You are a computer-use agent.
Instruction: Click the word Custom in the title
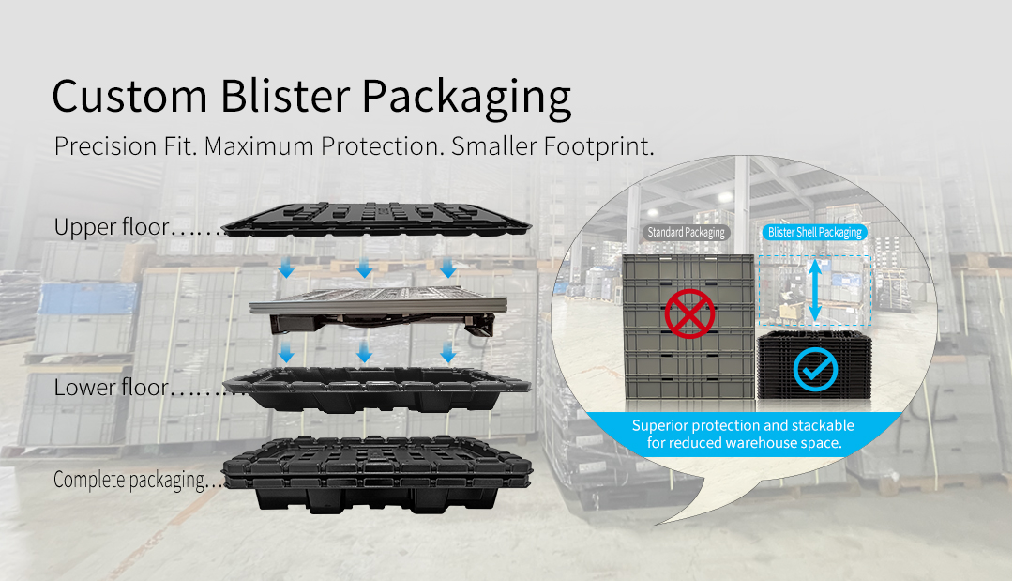[129, 97]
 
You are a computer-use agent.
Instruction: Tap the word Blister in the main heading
[284, 97]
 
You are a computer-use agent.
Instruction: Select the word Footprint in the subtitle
[597, 146]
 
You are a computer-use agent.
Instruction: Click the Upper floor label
[111, 227]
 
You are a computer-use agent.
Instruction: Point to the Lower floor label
[111, 387]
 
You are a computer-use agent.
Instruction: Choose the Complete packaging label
[129, 481]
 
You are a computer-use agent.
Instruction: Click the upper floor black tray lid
[376, 220]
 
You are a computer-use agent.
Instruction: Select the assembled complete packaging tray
[377, 474]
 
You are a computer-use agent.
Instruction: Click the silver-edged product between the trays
[378, 309]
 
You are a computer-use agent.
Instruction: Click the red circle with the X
[689, 313]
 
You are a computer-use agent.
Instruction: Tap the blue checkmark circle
[815, 370]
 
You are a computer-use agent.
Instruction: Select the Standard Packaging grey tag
[686, 232]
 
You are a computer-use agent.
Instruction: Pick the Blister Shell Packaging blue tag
[815, 232]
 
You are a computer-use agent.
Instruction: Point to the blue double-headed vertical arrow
[815, 290]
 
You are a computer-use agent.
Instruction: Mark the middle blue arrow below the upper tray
[364, 268]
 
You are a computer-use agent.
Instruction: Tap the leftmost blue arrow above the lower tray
[286, 352]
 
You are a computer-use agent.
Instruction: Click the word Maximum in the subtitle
[259, 146]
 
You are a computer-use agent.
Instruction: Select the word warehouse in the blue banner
[763, 443]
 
